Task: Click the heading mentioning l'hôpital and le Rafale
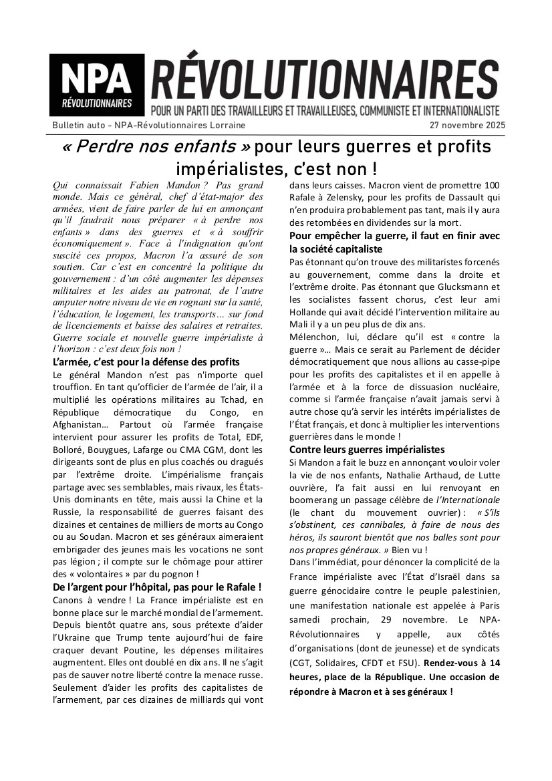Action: (156, 587)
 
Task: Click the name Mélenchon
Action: (315, 337)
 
